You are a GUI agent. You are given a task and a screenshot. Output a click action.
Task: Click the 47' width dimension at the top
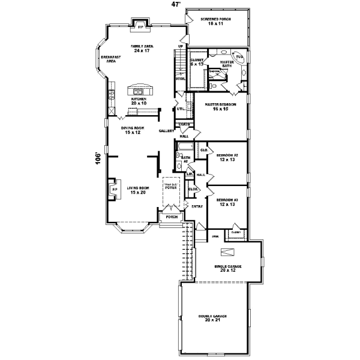pyautogui.click(x=176, y=4)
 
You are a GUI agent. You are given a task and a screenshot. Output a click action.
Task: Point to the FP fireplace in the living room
pyautogui.click(x=114, y=190)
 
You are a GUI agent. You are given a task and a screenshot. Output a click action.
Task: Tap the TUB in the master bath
pyautogui.click(x=239, y=57)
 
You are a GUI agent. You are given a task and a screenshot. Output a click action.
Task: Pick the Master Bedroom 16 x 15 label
pyautogui.click(x=220, y=106)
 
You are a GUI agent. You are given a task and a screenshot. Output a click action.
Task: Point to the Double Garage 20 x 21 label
pyautogui.click(x=215, y=317)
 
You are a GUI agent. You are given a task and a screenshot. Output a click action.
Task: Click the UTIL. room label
pyautogui.click(x=180, y=109)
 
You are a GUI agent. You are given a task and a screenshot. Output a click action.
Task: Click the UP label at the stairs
pyautogui.click(x=181, y=46)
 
